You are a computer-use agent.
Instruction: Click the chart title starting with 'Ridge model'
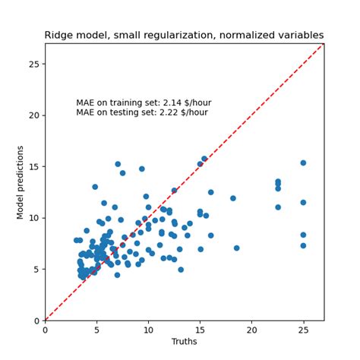184,35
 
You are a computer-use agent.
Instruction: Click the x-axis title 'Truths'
185,343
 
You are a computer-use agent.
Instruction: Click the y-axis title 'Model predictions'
21,182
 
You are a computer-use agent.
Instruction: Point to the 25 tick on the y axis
34,64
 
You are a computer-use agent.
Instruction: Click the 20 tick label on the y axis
34,115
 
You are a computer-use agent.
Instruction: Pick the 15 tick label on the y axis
34,166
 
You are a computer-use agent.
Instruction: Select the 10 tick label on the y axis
34,218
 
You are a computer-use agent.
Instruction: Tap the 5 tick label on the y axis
36,269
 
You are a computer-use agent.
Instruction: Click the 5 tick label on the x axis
96,330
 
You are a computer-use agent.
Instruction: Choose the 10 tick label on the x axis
148,330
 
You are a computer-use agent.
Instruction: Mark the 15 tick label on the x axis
200,330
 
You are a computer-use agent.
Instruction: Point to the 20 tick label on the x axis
251,330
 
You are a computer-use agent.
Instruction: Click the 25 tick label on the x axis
303,330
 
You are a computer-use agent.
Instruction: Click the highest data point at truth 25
303,163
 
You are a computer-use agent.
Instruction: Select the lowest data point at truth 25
303,245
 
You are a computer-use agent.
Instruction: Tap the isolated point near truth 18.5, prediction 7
236,248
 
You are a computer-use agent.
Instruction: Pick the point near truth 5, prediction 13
95,187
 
